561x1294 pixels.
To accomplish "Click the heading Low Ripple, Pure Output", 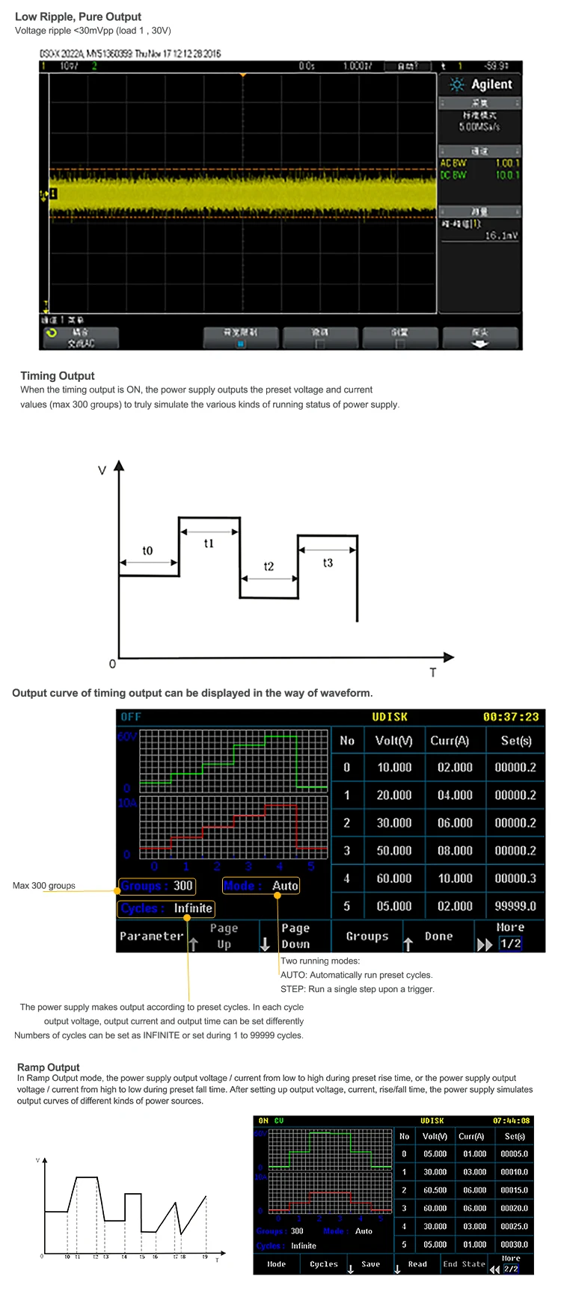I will pos(78,16).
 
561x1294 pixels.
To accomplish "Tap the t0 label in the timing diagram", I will pos(147,551).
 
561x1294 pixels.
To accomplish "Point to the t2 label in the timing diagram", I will pos(269,567).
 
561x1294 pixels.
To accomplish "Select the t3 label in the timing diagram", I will pos(328,563).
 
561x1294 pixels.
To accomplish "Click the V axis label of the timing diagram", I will pos(102,471).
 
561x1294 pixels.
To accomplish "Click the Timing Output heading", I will pos(58,376).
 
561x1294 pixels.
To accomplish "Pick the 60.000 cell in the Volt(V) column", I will pos(394,878).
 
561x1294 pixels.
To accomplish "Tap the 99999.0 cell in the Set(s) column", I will pos(515,906).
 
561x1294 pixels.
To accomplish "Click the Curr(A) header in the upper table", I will pos(450,741).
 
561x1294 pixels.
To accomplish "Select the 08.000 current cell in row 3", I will pos(455,851).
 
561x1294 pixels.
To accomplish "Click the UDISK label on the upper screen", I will pos(390,717).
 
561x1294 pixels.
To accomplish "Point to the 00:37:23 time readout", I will pos(511,717).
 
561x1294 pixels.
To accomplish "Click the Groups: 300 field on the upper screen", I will pos(157,886).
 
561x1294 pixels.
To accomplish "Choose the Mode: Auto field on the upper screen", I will pos(261,886).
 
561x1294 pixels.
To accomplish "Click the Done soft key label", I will pos(438,936).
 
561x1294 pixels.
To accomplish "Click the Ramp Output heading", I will pos(49,1067).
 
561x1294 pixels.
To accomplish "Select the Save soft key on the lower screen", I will pos(371,1264).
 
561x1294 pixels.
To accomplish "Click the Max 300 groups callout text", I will pos(44,886).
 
